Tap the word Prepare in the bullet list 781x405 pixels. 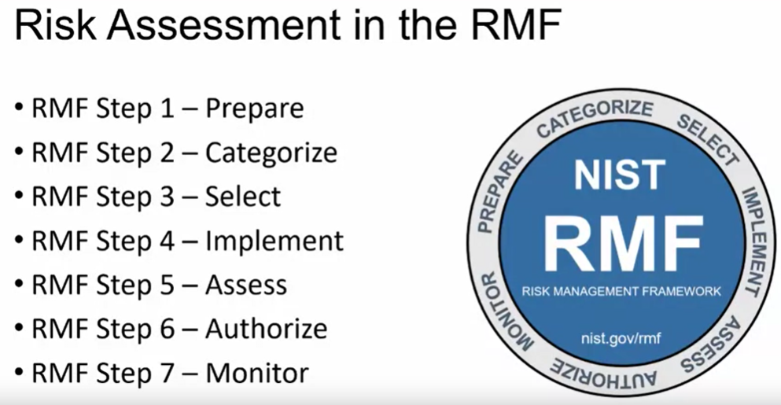coord(254,109)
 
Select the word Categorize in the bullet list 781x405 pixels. coord(271,153)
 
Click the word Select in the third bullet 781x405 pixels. coord(242,197)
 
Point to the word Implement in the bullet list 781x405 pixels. coord(274,241)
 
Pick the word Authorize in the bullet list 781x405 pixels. coord(266,328)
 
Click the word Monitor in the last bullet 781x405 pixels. coord(256,372)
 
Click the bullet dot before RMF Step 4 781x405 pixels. coord(18,241)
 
